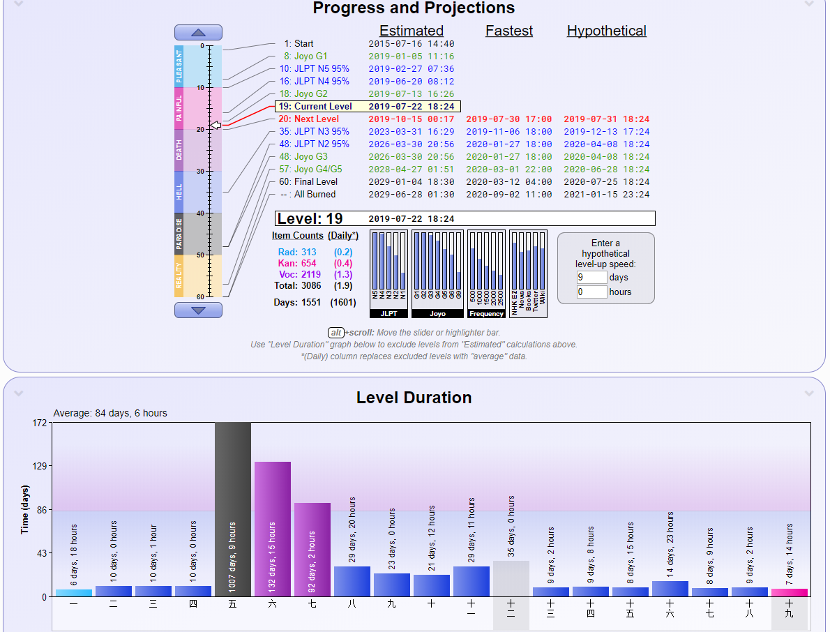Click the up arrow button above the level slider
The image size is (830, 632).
pos(198,33)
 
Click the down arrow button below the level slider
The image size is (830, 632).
pos(198,310)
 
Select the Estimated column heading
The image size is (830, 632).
pos(412,31)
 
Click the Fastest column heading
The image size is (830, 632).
pos(509,31)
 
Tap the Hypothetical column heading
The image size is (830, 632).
pos(606,31)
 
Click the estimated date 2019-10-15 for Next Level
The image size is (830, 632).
pos(412,119)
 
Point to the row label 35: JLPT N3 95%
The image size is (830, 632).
pos(314,132)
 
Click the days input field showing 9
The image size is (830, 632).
pos(591,278)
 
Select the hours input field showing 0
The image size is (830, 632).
pos(591,292)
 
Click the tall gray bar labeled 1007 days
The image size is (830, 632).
pos(233,509)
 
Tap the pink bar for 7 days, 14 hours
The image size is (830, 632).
pos(790,592)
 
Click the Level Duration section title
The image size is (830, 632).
pos(414,398)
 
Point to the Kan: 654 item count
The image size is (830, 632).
pos(297,264)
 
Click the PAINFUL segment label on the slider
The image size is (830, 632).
pos(179,108)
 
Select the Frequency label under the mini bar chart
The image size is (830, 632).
pos(486,314)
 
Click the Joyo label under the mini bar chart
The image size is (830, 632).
pos(437,314)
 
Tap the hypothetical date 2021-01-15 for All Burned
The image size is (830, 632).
pos(606,195)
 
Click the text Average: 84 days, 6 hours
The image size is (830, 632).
pos(110,413)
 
